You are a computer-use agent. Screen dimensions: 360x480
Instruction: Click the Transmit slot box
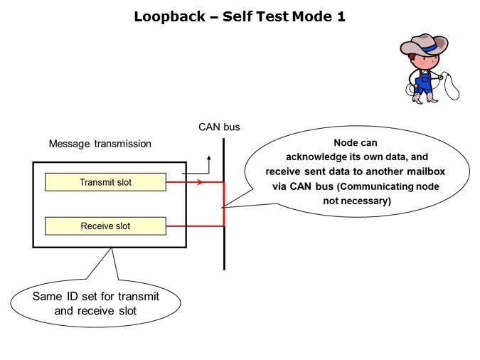tap(105, 182)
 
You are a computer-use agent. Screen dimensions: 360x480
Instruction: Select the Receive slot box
tap(105, 226)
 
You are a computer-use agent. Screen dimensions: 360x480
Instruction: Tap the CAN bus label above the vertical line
tap(219, 127)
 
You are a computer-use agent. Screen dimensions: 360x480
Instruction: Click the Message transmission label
tap(100, 144)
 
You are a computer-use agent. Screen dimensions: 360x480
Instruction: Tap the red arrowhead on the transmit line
tap(199, 182)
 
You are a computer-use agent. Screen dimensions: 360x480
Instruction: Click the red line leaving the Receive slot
tap(196, 226)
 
